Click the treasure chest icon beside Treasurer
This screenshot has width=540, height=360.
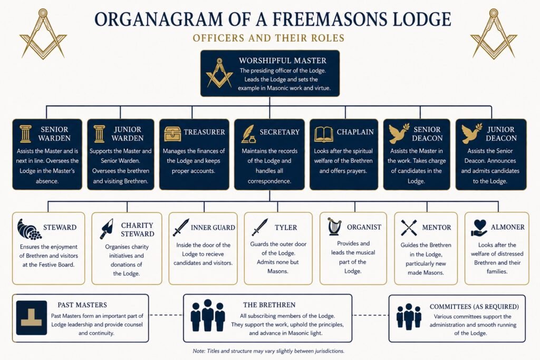click(172, 133)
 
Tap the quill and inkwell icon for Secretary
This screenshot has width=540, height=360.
click(248, 134)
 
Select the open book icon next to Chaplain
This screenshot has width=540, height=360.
click(323, 134)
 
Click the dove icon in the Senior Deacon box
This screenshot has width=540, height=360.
click(399, 133)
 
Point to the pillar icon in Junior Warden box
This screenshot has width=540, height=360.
click(99, 134)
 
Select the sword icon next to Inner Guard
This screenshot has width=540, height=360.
click(181, 227)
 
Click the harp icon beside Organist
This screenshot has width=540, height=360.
click(334, 226)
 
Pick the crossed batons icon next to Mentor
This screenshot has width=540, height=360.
click(409, 228)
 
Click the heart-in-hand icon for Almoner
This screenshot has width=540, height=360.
click(479, 228)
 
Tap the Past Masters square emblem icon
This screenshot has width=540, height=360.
click(31, 318)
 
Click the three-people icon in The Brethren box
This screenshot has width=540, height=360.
click(208, 315)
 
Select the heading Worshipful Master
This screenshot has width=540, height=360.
click(283, 61)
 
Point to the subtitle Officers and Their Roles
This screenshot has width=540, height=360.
click(268, 38)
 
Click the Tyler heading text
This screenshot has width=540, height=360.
click(285, 228)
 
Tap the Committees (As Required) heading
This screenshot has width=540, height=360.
click(474, 307)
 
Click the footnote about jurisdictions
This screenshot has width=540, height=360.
click(268, 351)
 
